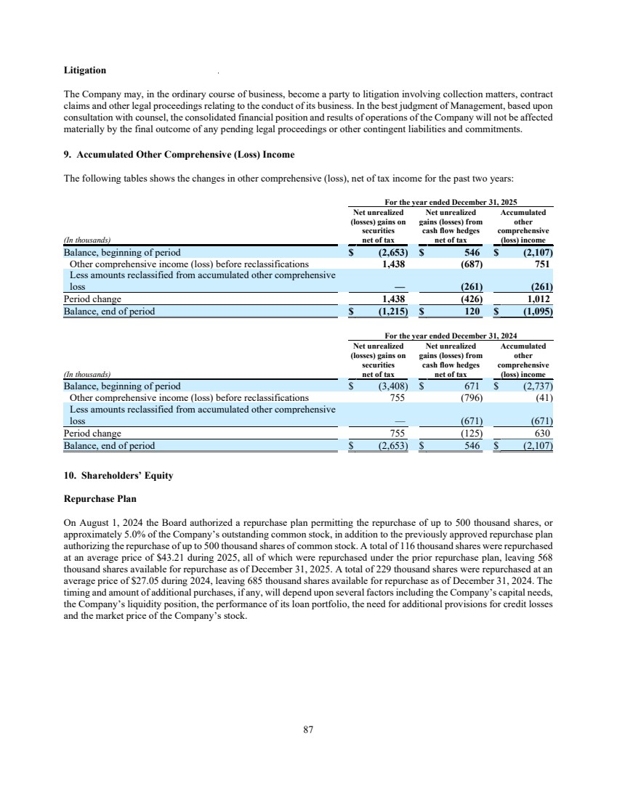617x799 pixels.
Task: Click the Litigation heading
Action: [x=85, y=70]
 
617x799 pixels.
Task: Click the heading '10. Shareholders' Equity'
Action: [x=118, y=476]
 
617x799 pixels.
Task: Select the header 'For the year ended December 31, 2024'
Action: [x=451, y=336]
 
